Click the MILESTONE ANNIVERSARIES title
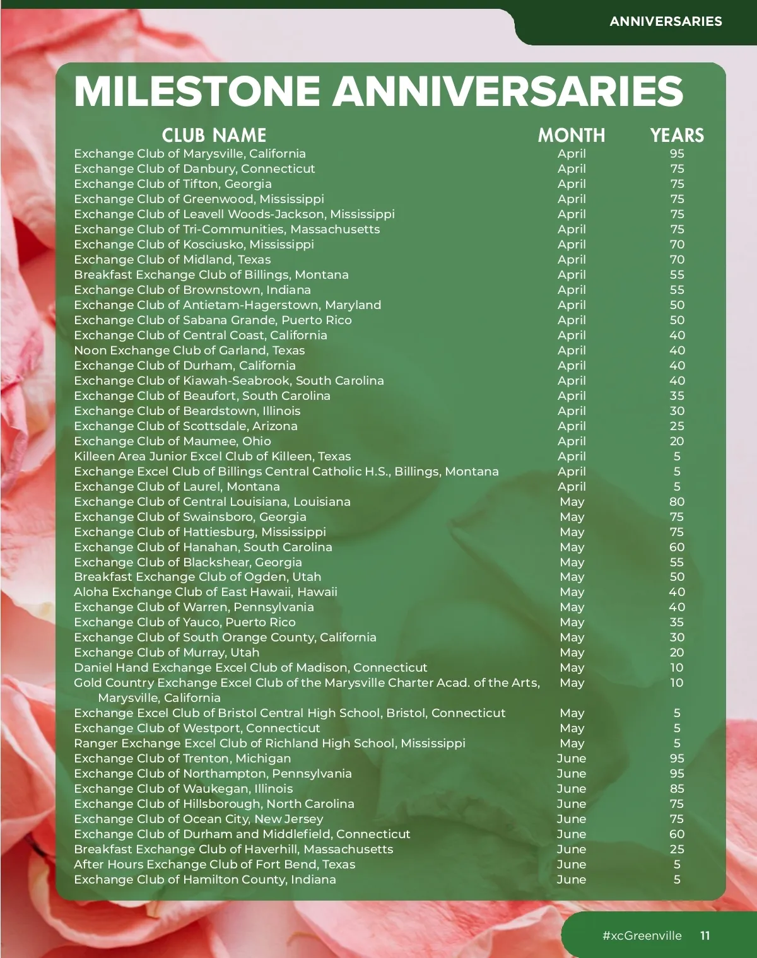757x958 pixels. (x=378, y=91)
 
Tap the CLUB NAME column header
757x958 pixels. (x=214, y=135)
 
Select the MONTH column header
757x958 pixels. (x=571, y=135)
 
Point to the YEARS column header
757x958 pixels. (x=677, y=135)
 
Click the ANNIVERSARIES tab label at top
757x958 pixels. (x=666, y=21)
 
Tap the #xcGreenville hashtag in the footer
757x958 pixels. (x=642, y=935)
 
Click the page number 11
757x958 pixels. (x=705, y=935)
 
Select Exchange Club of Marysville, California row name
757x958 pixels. (x=189, y=153)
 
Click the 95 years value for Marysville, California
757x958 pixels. (x=677, y=153)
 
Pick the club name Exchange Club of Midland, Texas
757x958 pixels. (x=172, y=259)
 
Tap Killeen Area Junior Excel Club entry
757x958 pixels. (x=212, y=456)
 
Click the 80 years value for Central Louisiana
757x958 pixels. (x=677, y=501)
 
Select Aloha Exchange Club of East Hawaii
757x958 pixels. (x=205, y=592)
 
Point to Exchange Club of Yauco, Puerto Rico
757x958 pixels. (x=184, y=622)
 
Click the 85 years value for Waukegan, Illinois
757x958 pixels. (x=677, y=788)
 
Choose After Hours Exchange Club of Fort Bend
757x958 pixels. (x=214, y=864)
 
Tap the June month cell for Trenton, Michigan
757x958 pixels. (x=572, y=758)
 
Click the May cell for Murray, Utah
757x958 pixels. (x=572, y=652)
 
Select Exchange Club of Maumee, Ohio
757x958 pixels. (x=172, y=441)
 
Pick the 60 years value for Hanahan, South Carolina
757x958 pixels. (x=677, y=547)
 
